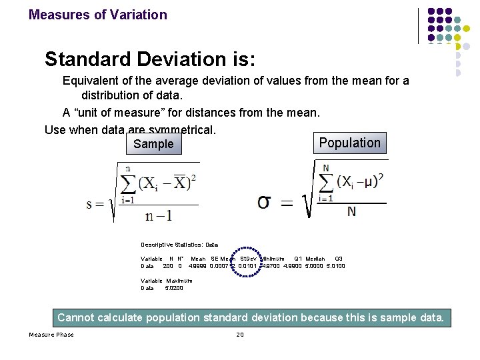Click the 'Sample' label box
(153, 144)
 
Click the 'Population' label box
(349, 143)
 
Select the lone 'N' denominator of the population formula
(351, 211)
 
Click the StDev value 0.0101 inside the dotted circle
(247, 266)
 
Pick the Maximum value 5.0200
(174, 288)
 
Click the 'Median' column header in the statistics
(315, 259)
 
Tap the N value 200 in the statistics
(168, 266)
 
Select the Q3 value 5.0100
(336, 266)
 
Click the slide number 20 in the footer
(240, 334)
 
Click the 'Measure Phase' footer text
(51, 334)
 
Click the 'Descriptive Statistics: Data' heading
(179, 245)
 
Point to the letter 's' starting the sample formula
(90, 204)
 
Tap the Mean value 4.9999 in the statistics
(198, 266)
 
